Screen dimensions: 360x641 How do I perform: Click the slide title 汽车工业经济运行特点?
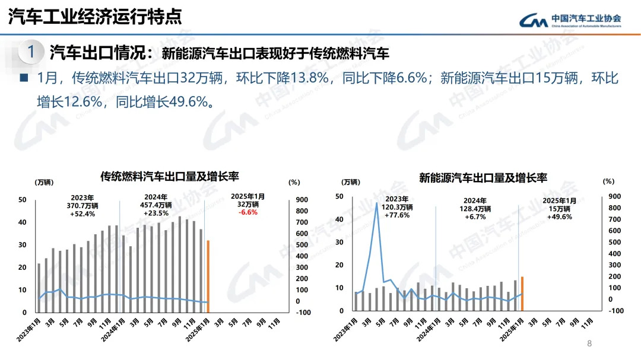pyautogui.click(x=95, y=17)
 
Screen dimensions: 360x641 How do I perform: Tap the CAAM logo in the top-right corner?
pyautogui.click(x=570, y=21)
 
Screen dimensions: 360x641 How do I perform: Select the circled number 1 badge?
pyautogui.click(x=31, y=52)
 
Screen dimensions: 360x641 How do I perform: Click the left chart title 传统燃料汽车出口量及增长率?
pyautogui.click(x=169, y=176)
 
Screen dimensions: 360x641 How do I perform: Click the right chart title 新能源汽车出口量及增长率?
pyautogui.click(x=483, y=177)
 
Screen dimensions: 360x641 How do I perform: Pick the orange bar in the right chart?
pyautogui.click(x=522, y=294)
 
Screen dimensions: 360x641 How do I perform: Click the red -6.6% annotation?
pyautogui.click(x=247, y=212)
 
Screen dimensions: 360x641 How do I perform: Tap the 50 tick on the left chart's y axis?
pyautogui.click(x=22, y=200)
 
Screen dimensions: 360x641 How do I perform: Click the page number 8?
pyautogui.click(x=589, y=343)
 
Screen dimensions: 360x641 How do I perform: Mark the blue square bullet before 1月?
pyautogui.click(x=24, y=78)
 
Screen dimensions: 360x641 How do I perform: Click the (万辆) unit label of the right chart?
pyautogui.click(x=350, y=181)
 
